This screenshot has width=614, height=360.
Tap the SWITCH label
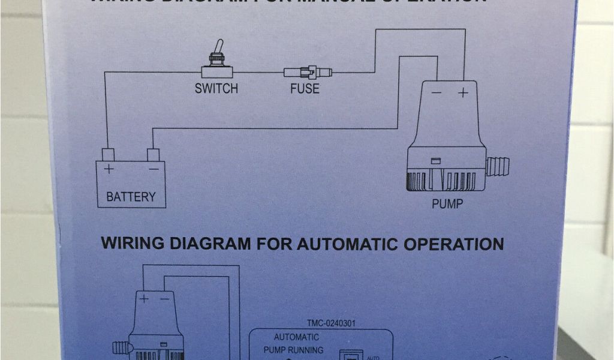pos(216,89)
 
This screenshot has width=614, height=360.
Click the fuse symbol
pos(307,73)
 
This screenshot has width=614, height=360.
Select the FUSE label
pos(305,89)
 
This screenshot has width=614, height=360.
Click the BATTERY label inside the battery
pos(131,196)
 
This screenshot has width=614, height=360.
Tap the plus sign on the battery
pos(109,169)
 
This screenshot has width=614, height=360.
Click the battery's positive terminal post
pos(108,154)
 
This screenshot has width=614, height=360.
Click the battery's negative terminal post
pos(153,154)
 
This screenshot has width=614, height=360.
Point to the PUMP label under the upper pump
pos(447,204)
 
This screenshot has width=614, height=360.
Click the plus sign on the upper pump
pos(463,92)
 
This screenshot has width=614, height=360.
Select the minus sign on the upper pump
pos(437,93)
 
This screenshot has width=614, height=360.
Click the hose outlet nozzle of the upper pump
pos(497,166)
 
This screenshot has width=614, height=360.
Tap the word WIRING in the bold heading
pos(132,244)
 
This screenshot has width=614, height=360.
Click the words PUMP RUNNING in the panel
pos(294,350)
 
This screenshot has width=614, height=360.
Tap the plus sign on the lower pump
pos(145,298)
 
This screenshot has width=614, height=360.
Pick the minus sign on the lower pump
pos(164,298)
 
